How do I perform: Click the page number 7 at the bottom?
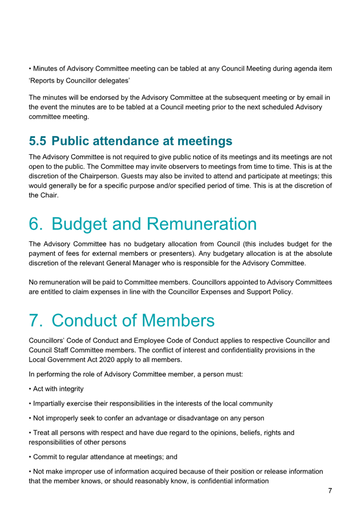[x=330, y=490]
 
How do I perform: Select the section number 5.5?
[x=37, y=141]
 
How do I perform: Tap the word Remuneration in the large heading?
[x=202, y=224]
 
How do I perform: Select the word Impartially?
[x=49, y=403]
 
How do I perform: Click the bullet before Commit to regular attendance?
[x=30, y=457]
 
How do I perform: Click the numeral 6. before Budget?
[x=36, y=224]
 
